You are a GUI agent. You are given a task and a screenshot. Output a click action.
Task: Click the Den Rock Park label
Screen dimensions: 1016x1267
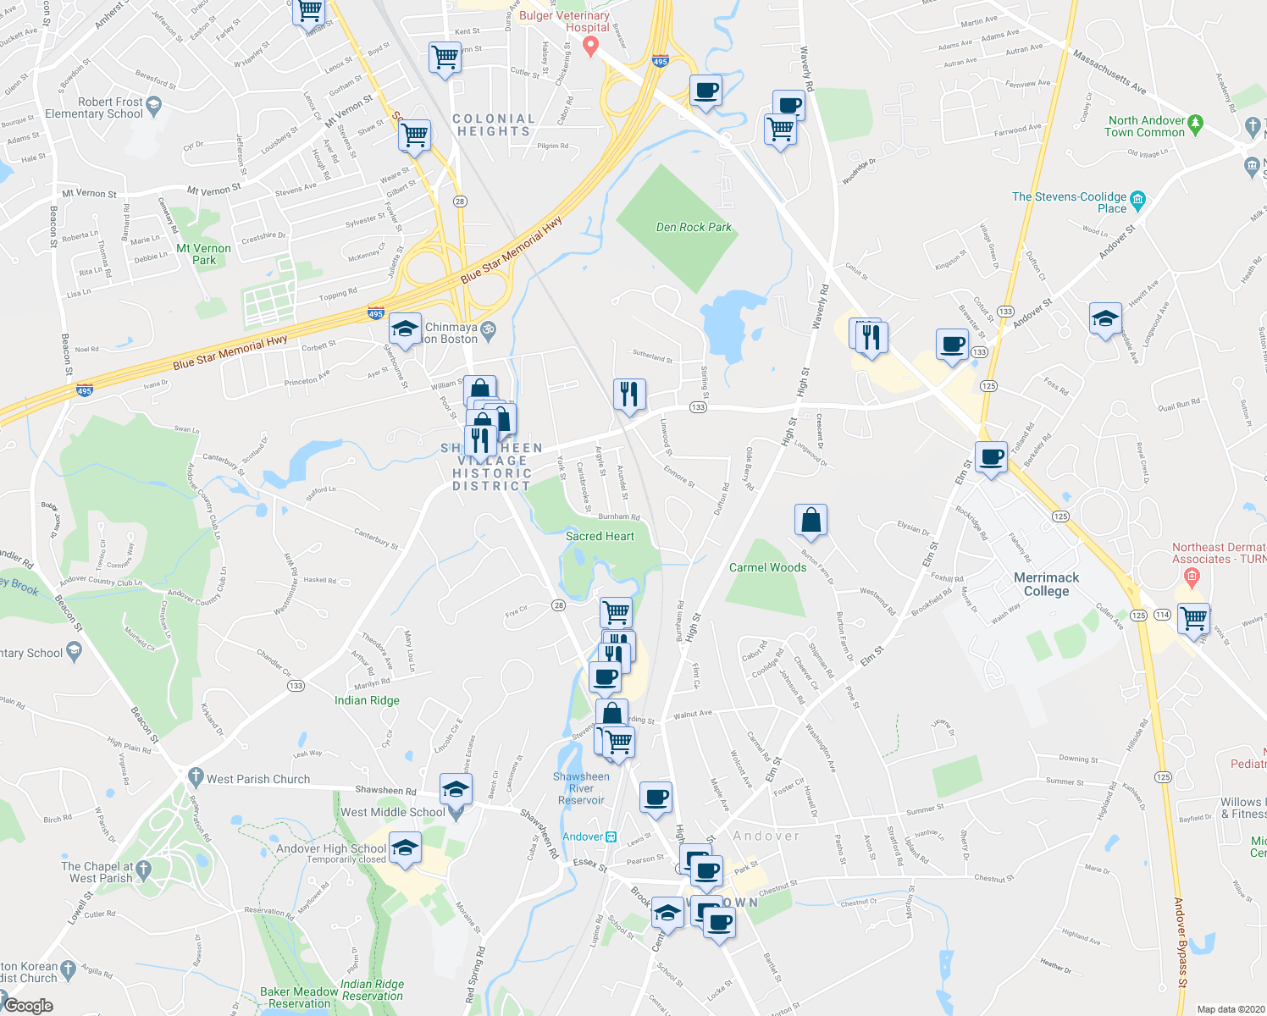(694, 227)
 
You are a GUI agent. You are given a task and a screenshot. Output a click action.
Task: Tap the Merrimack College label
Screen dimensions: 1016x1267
(1046, 584)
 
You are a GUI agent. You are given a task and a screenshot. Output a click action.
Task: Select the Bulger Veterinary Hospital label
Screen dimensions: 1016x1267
(565, 21)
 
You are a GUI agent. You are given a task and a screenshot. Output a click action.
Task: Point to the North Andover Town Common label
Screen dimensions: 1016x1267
(1145, 126)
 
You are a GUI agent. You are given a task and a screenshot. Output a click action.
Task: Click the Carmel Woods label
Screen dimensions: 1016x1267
(767, 567)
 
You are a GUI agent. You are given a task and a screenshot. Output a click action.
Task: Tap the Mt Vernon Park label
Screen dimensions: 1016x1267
(203, 254)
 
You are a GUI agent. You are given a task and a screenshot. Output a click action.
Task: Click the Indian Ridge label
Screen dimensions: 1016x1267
(367, 700)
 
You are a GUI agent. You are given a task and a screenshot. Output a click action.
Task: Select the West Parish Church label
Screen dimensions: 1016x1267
(258, 779)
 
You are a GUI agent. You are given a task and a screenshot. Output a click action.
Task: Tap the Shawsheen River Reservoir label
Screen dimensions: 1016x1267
(581, 788)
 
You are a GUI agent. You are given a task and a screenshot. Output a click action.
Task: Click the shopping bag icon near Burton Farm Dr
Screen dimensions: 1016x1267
(811, 522)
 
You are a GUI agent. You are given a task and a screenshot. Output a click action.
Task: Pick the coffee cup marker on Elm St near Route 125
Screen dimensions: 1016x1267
(991, 458)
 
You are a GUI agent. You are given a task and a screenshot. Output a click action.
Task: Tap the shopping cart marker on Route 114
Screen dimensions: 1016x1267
(1193, 619)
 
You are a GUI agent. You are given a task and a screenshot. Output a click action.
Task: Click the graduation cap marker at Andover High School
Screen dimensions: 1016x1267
(405, 849)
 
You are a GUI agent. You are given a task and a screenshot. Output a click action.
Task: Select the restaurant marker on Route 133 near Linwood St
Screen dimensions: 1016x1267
(628, 395)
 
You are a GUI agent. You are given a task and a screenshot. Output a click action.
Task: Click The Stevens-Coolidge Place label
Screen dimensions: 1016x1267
(1069, 202)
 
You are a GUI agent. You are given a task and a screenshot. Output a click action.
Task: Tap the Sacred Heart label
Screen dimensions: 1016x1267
(600, 536)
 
